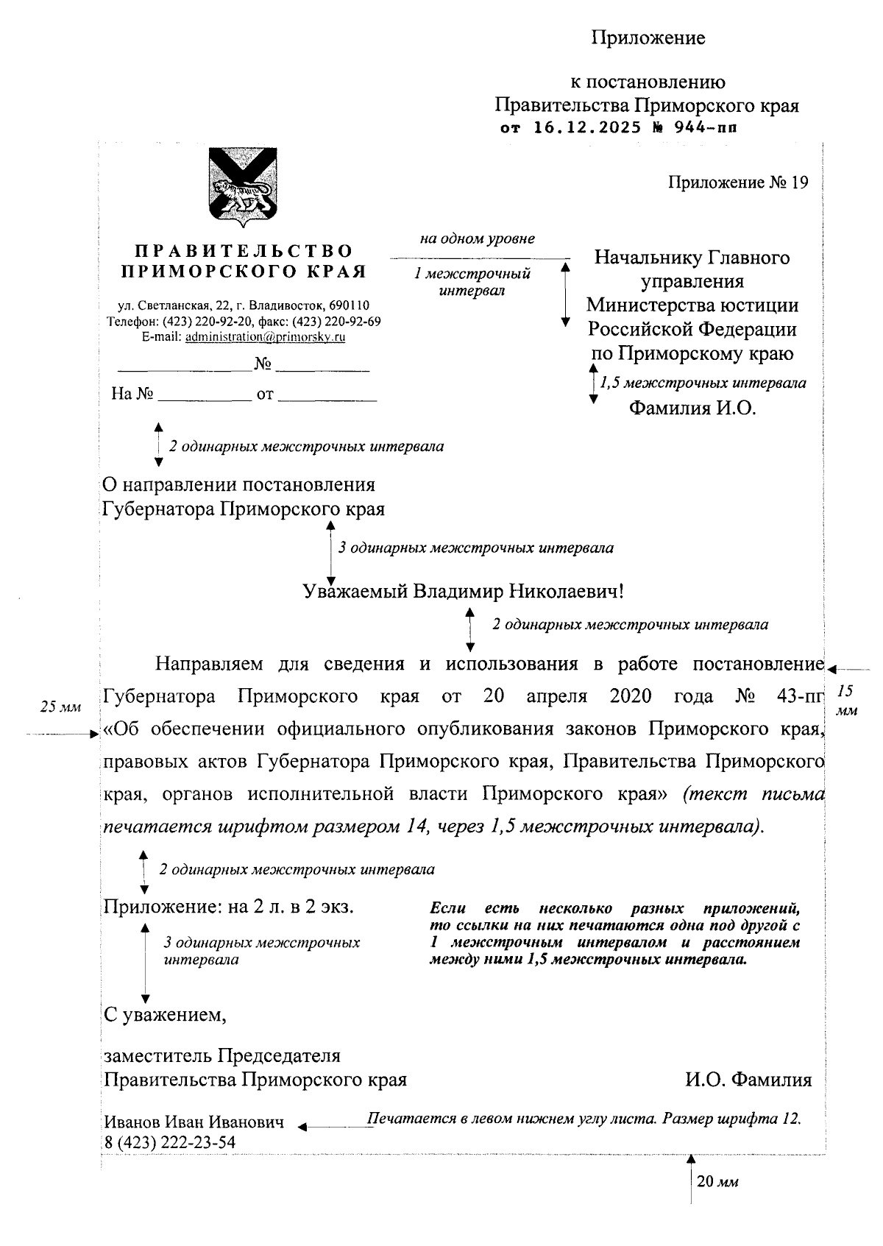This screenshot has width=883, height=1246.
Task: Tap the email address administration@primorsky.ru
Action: coord(265,337)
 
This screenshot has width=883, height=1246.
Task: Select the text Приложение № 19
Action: coord(737,183)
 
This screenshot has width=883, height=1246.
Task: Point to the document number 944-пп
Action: coord(706,128)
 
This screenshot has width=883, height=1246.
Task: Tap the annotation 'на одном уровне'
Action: coord(477,238)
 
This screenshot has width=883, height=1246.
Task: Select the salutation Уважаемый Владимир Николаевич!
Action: coord(464,592)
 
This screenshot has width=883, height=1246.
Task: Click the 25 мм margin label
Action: coord(60,707)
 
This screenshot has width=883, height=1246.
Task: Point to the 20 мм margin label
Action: coord(717,1182)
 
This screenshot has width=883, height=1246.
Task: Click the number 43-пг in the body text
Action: coord(801,695)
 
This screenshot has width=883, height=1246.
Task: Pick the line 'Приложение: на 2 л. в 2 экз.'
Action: coord(229,907)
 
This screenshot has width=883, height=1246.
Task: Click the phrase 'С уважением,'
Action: coord(165,1015)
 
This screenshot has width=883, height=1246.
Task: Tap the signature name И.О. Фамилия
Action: coord(748,1080)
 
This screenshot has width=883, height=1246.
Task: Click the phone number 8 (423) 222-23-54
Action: coord(169,1142)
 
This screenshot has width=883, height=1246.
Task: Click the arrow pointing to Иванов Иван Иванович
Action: coord(331,1125)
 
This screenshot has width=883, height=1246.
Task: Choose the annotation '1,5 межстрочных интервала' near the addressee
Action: coord(703,383)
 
